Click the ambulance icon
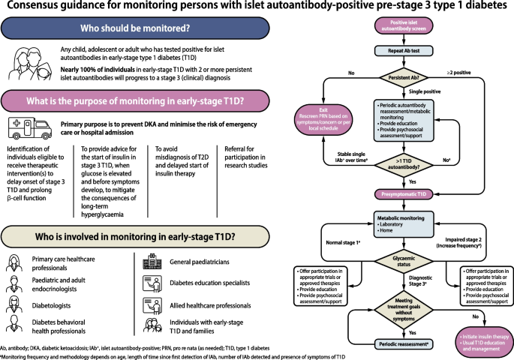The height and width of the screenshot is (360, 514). (x=26, y=126)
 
